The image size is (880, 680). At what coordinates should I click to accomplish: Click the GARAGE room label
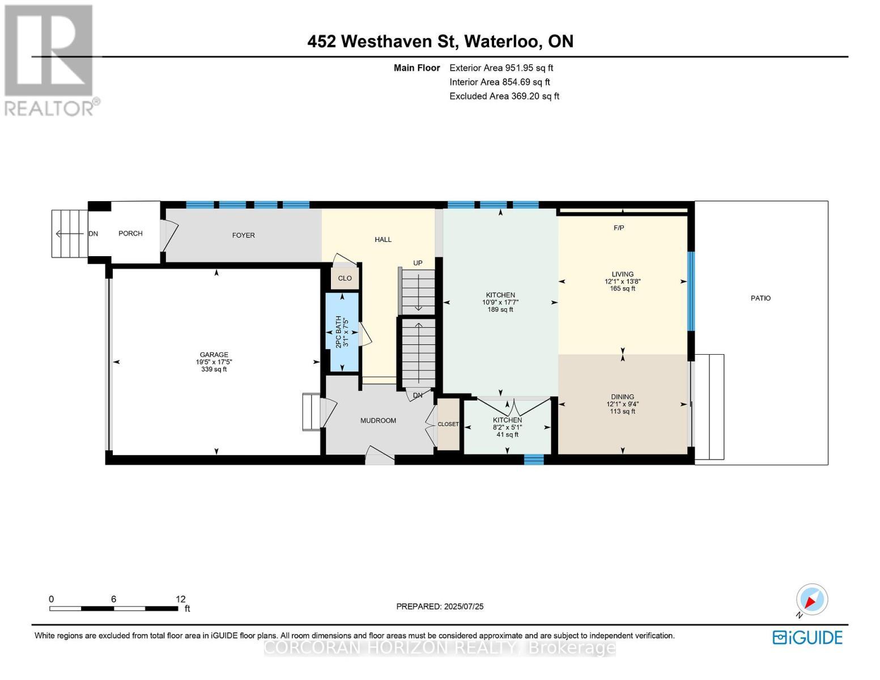pos(213,355)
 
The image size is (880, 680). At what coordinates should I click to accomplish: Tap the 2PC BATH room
pos(342,332)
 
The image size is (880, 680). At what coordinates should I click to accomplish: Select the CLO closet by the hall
pos(345,278)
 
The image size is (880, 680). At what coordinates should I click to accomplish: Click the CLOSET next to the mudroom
pos(448,424)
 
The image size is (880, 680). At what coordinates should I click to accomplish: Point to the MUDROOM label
pos(378,420)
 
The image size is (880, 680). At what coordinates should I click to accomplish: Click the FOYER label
pos(243,235)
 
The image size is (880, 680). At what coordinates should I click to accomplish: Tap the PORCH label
pos(130,233)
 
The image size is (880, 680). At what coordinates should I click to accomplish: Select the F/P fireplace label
pos(619,228)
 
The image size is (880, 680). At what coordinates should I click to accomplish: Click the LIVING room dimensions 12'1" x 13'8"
pos(622,282)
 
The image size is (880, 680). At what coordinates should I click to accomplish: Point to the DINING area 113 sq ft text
pos(622,411)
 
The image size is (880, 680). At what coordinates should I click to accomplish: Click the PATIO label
pos(760,298)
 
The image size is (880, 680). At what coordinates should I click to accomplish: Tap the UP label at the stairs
pos(418,263)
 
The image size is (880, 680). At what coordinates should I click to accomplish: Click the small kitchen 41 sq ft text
pos(507,435)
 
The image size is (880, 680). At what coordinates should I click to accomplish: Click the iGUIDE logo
pos(807,637)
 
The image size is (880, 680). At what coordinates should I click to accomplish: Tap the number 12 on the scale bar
pos(180,599)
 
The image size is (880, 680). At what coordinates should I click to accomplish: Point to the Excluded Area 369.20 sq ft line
pos(504,96)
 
